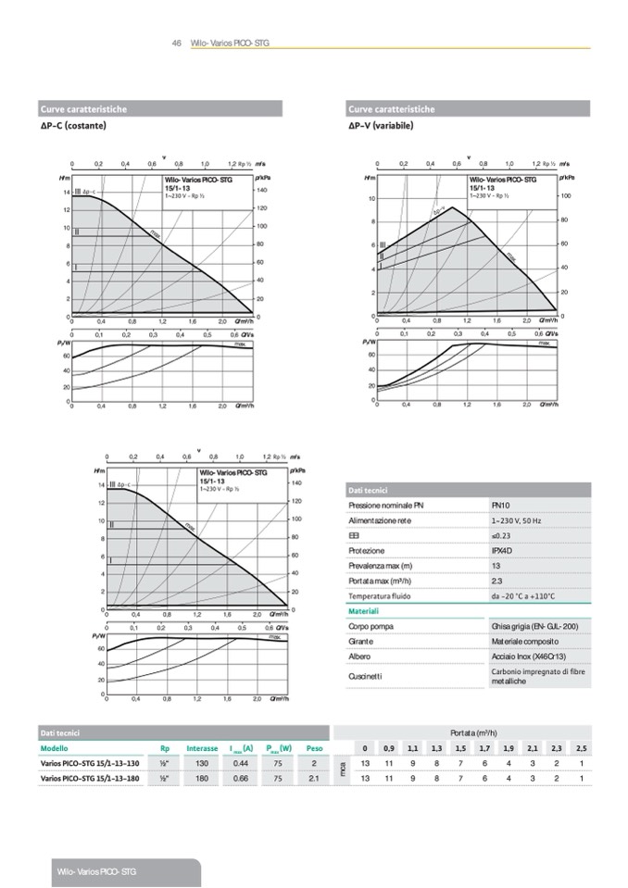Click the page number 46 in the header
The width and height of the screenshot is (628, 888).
(x=176, y=43)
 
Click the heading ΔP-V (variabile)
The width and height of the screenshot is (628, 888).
(x=381, y=125)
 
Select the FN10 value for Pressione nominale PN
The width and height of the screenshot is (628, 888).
(x=500, y=506)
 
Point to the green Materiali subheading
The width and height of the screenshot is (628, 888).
(x=364, y=611)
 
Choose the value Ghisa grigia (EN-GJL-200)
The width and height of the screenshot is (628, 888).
(x=534, y=627)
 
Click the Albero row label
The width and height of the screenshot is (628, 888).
(x=359, y=656)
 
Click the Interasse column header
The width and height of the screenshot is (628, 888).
(x=202, y=747)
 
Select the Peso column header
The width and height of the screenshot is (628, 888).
(x=315, y=747)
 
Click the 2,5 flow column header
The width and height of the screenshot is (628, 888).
(x=580, y=747)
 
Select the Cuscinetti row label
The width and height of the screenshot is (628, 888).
(x=365, y=676)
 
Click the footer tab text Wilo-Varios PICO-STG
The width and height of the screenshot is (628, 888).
(x=96, y=872)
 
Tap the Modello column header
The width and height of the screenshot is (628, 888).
(x=55, y=747)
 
